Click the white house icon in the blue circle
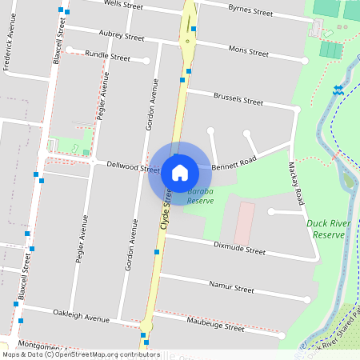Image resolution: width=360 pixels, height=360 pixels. pos(180,172)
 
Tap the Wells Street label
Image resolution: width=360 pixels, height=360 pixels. pos(124,5)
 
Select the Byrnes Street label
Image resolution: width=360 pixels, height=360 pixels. pos(250,13)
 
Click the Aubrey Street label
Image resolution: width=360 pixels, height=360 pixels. pos(122,37)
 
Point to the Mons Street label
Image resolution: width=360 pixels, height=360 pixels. pos(248,51)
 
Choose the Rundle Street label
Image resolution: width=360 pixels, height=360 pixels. pos(107,57)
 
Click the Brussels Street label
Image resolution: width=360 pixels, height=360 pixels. pos(238,102)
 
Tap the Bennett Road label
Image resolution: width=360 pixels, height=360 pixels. pos(235,162)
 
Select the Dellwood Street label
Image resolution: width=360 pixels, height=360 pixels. pos(134,168)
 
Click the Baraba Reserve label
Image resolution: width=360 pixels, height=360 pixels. pos(200,197)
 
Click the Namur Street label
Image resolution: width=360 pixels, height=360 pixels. pos(230,288)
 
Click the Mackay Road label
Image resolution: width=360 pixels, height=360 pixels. pos(296,183)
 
